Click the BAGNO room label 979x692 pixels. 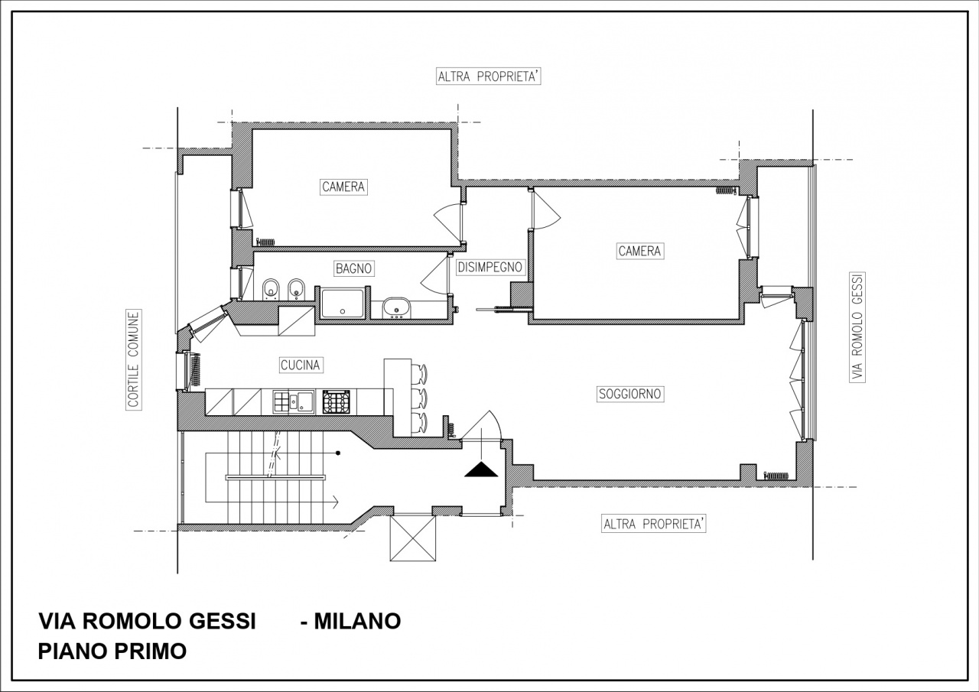(x=353, y=268)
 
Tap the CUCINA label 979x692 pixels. (x=300, y=365)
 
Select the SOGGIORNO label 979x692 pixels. (x=630, y=394)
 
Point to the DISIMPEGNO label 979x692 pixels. (x=489, y=268)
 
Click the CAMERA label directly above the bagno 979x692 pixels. (x=343, y=187)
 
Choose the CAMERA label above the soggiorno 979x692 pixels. (x=639, y=251)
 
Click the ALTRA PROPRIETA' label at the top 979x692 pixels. (x=489, y=76)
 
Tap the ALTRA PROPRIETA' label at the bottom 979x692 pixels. (x=654, y=525)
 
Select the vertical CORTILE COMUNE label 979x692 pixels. (x=134, y=360)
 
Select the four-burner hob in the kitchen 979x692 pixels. (x=337, y=401)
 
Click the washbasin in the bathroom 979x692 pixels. (x=396, y=309)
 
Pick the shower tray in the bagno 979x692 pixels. (x=343, y=303)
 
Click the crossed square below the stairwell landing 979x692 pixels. (x=412, y=538)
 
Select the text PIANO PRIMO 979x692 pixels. (x=112, y=651)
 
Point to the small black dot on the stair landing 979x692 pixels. (x=338, y=453)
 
